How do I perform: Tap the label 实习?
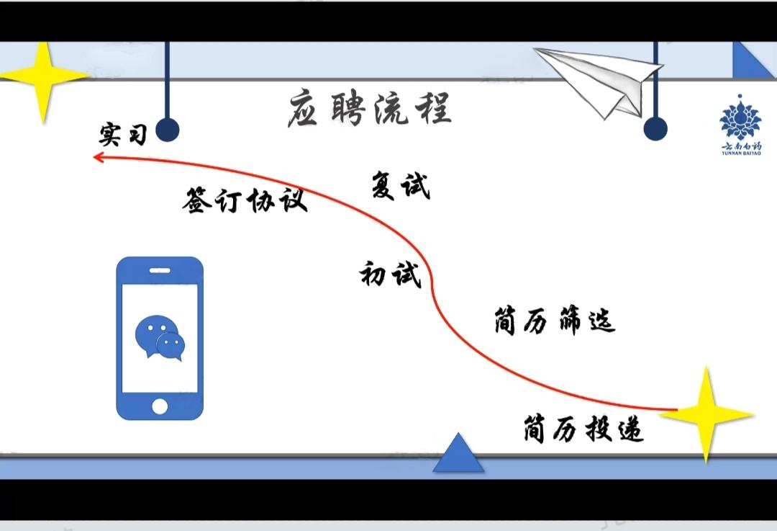click(122, 135)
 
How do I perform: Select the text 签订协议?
click(245, 200)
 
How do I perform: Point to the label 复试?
click(401, 186)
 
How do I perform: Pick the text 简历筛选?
click(555, 321)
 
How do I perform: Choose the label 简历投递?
click(583, 430)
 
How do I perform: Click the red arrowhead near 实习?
click(99, 156)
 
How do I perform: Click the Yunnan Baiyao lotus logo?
click(740, 119)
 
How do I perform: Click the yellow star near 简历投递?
click(706, 414)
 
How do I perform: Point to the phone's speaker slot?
click(160, 272)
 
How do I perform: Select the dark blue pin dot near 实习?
click(167, 130)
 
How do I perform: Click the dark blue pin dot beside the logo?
click(655, 129)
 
